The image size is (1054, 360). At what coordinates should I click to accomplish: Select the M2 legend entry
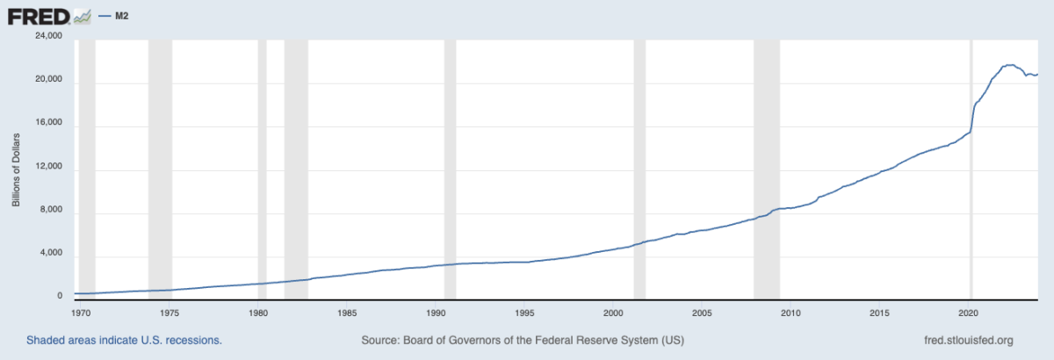122,16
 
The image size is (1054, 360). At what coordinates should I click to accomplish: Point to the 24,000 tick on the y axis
47,37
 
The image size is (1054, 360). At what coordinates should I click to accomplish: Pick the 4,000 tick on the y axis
50,255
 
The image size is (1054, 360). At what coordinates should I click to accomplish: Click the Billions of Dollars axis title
16,168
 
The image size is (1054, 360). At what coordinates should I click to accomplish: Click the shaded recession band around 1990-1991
450,167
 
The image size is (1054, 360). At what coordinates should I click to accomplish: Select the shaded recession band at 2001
639,167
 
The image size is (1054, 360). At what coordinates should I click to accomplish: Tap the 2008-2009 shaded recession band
767,167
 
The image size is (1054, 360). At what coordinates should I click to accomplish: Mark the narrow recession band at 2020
971,167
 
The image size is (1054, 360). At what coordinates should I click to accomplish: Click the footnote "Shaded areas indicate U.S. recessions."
124,340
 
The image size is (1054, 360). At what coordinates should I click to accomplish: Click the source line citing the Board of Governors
523,340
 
